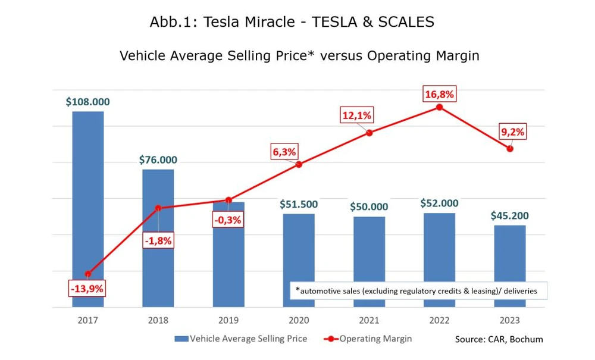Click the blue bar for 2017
87,208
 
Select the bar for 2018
158,238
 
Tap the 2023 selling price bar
510,266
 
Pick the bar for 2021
369,262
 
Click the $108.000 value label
87,102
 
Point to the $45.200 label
509,215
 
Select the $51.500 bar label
299,204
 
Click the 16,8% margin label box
439,94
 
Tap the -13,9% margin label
87,289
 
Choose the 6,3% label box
284,152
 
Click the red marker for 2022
439,107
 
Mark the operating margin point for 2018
158,208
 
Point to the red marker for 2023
510,148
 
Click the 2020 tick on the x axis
299,321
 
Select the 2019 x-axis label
228,321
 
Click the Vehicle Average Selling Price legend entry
241,339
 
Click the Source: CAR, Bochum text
499,339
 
